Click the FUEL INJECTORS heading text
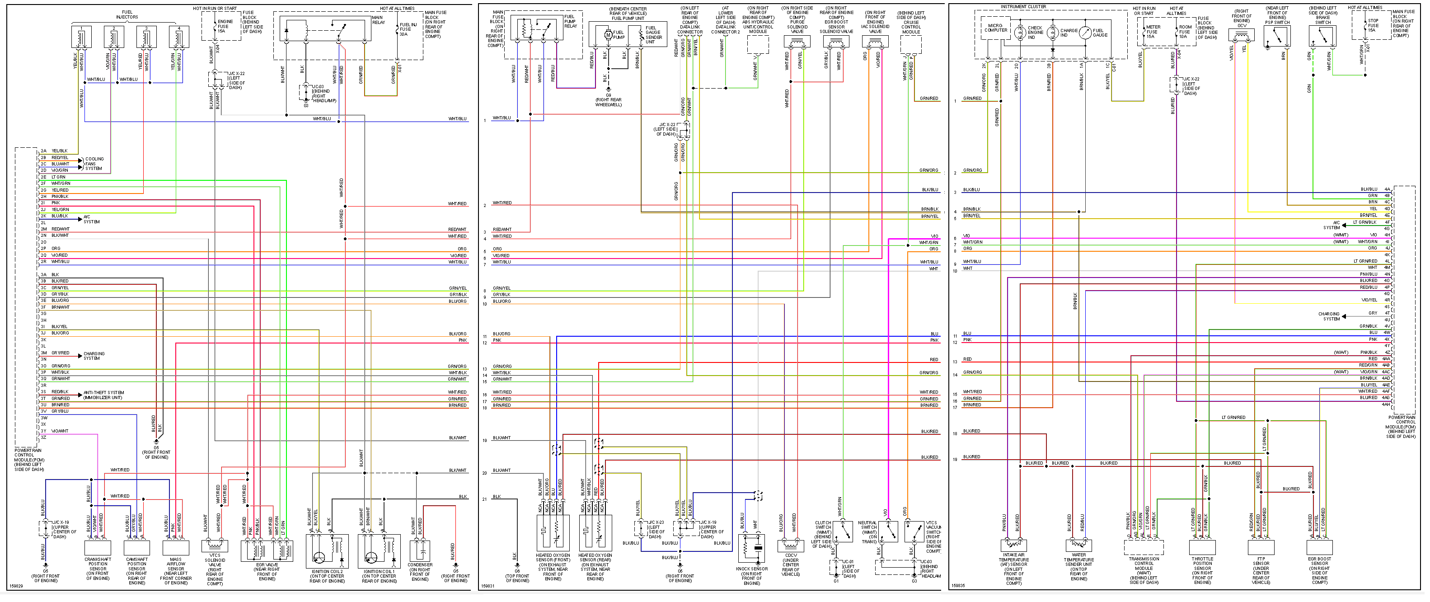(127, 14)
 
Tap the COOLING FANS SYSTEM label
(94, 164)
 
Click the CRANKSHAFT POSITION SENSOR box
(98, 548)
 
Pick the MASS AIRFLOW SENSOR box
(175, 548)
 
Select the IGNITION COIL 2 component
(328, 551)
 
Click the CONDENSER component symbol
(420, 551)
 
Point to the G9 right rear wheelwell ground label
(609, 100)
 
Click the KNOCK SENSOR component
(752, 548)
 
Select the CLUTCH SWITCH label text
(823, 525)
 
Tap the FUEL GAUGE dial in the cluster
(1085, 33)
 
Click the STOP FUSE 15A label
(1373, 25)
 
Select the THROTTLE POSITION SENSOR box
(1202, 548)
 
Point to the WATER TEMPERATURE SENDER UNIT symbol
(1078, 546)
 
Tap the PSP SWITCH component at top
(1277, 36)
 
